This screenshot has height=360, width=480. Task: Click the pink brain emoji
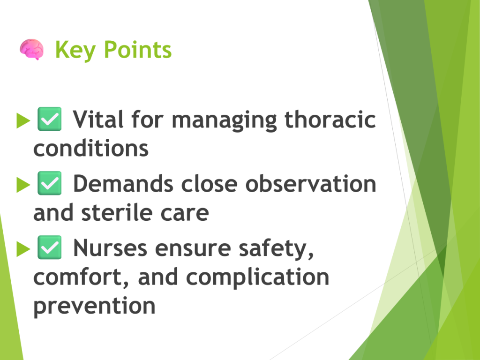pyautogui.click(x=32, y=49)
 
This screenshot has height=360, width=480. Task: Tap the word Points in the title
pyautogui.click(x=138, y=49)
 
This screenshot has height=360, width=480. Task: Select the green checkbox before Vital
pyautogui.click(x=49, y=119)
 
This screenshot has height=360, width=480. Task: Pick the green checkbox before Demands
pyautogui.click(x=49, y=183)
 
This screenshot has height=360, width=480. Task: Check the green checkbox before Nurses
pyautogui.click(x=49, y=247)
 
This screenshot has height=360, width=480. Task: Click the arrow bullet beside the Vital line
pyautogui.click(x=23, y=120)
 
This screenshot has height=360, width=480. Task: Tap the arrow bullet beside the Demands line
pyautogui.click(x=23, y=185)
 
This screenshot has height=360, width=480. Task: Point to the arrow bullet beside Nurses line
pyautogui.click(x=23, y=249)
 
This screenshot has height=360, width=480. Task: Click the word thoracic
pyautogui.click(x=330, y=119)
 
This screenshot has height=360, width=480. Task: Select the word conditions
pyautogui.click(x=91, y=149)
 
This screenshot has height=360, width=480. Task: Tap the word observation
pyautogui.click(x=311, y=184)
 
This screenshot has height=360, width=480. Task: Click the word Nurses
pyautogui.click(x=110, y=248)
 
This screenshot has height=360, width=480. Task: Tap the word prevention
pyautogui.click(x=94, y=306)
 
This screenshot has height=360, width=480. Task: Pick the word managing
pyautogui.click(x=225, y=120)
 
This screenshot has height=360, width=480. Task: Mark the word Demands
pyautogui.click(x=123, y=184)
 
